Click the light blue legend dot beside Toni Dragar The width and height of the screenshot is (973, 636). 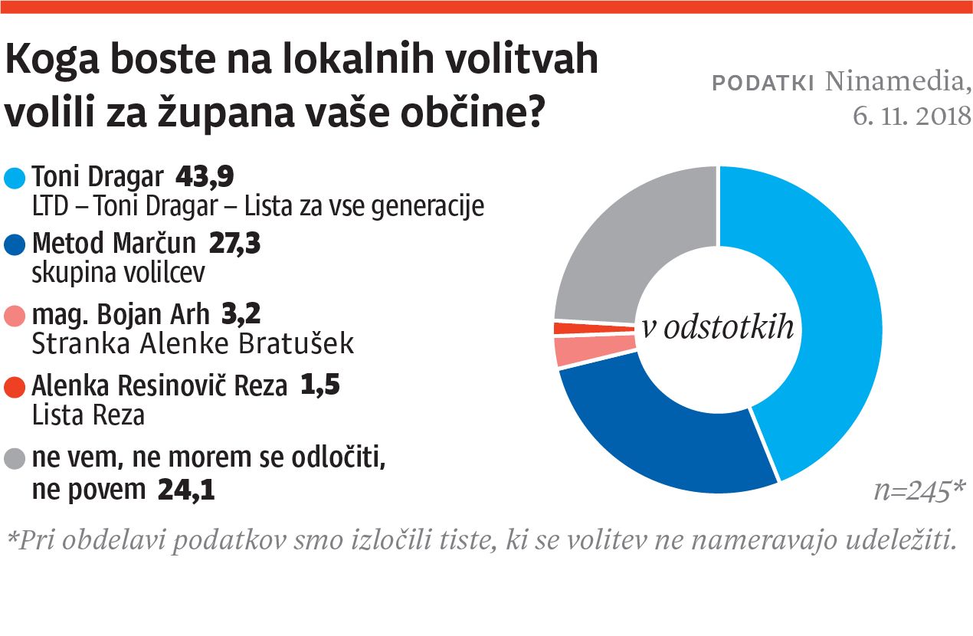pos(15,179)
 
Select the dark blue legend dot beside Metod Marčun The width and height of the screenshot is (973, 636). pos(15,244)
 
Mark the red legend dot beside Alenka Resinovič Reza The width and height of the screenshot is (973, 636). pos(15,385)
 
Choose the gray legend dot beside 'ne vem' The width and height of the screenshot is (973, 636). pos(15,459)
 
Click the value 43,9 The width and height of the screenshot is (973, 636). pos(205,178)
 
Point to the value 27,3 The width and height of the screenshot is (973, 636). pos(235,244)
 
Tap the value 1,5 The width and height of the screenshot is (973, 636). pos(319,385)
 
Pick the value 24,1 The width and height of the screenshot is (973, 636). pos(185,490)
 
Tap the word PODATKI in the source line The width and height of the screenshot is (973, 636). pos(763,84)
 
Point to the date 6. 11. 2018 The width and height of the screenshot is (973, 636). pos(912,116)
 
